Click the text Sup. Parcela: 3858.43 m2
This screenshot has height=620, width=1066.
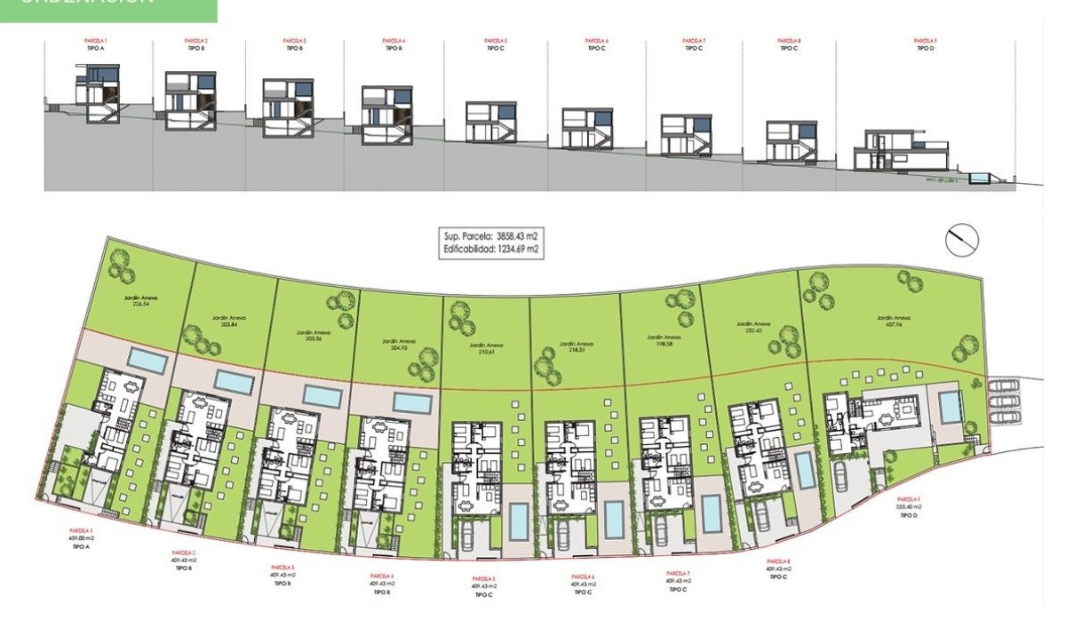pyautogui.click(x=491, y=237)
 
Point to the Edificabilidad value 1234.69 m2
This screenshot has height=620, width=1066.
pyautogui.click(x=491, y=250)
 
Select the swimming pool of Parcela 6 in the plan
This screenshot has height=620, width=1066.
pyautogui.click(x=614, y=520)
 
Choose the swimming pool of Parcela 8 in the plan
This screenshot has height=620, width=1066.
pyautogui.click(x=805, y=470)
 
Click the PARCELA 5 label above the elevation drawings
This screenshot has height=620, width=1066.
pyautogui.click(x=496, y=41)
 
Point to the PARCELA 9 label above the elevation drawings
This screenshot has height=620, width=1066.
pyautogui.click(x=926, y=41)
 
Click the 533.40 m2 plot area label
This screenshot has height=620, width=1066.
pyautogui.click(x=907, y=506)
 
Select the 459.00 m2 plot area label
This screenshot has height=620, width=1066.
pyautogui.click(x=81, y=537)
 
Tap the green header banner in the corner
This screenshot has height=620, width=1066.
pyautogui.click(x=107, y=10)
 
